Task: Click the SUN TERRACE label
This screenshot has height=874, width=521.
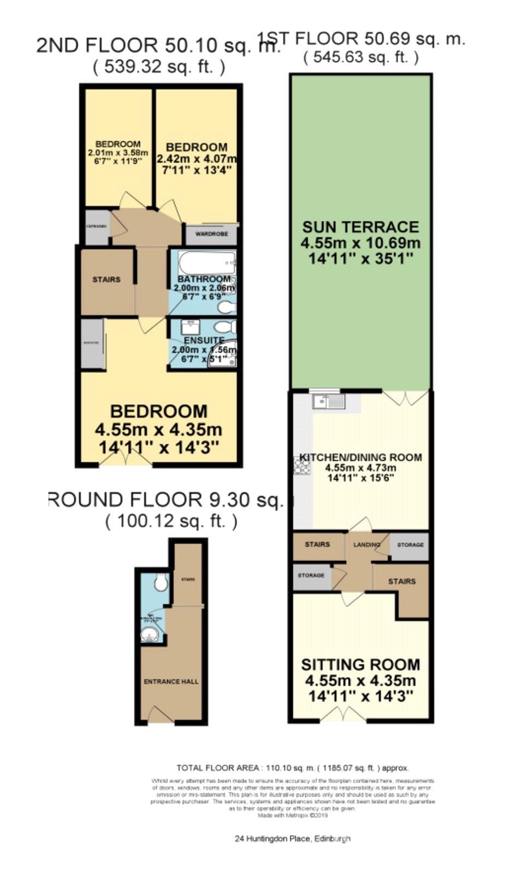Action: [360, 227]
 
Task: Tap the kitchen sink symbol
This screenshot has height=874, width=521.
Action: [329, 403]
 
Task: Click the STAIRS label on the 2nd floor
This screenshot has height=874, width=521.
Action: [106, 280]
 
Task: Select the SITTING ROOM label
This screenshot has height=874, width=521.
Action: [360, 665]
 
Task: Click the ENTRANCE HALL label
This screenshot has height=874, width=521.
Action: [171, 682]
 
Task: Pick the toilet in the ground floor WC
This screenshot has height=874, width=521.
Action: [160, 583]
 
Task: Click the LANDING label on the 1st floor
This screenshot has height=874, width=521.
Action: [366, 545]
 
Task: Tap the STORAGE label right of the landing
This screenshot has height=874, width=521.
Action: [410, 545]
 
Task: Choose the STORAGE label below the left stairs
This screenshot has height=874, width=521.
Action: [311, 576]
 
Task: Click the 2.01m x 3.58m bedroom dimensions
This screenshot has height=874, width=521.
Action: [118, 152]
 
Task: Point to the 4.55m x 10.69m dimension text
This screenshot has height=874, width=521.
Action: [360, 243]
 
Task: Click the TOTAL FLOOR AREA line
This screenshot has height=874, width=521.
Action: [292, 767]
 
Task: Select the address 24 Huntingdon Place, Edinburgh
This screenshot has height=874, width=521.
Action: [292, 838]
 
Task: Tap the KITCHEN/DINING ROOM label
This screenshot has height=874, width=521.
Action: [360, 458]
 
